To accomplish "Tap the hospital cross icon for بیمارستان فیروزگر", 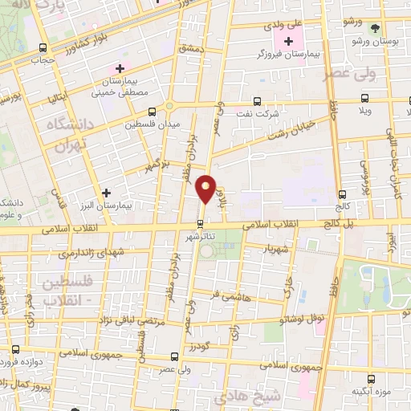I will click(289, 41).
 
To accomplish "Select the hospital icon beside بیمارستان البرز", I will click(106, 193).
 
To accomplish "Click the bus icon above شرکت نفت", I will click(257, 102).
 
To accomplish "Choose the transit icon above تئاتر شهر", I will click(201, 222).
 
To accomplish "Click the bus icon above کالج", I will click(343, 194).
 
